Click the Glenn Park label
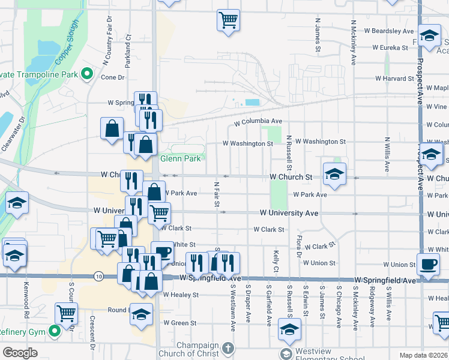coord(180,159)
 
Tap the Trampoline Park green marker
coord(86,74)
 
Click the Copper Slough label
coord(68,55)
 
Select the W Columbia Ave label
coord(258,122)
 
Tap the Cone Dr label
coord(112,77)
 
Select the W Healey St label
coord(180,295)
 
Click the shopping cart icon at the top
coord(228,20)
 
